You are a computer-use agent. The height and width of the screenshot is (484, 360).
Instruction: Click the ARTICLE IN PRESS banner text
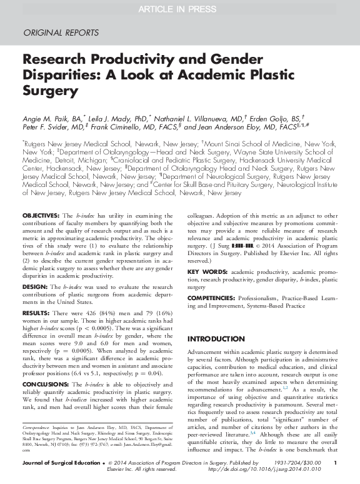point(179,8)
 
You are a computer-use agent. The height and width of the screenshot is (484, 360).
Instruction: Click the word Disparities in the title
point(54,76)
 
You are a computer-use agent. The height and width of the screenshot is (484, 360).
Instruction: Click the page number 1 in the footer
point(336,461)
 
